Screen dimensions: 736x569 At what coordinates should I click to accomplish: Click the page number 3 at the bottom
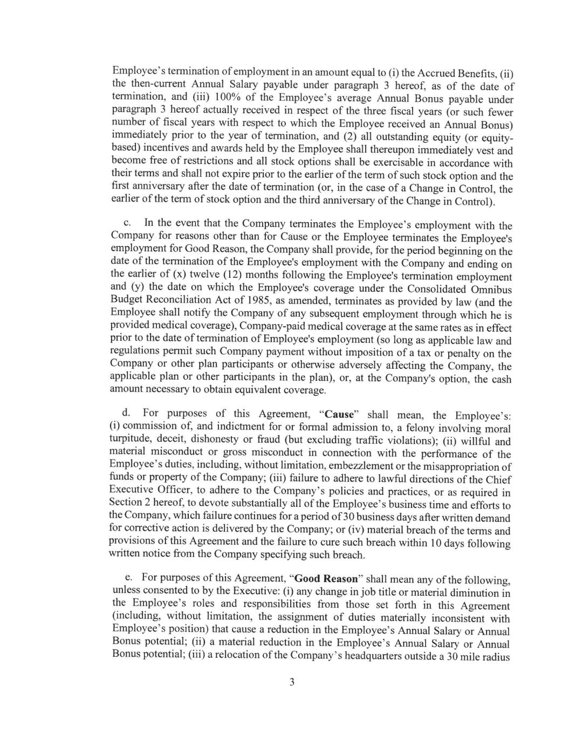tap(292, 682)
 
